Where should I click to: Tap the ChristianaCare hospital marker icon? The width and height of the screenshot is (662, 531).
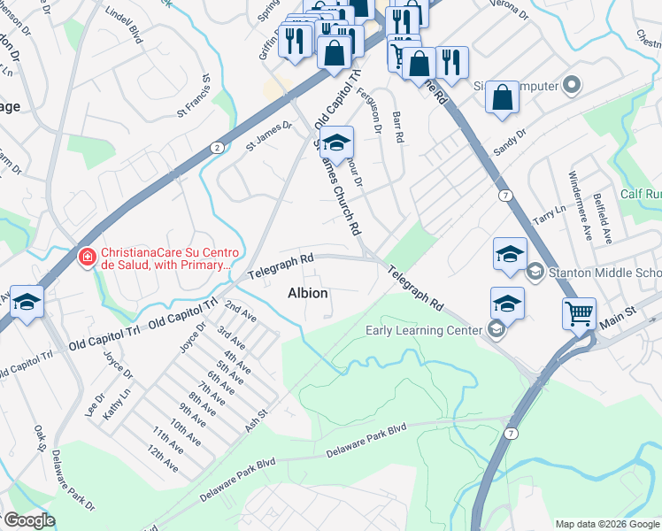tap(87, 258)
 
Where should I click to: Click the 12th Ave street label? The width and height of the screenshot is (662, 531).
tap(165, 458)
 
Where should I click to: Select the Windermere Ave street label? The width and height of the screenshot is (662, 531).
tap(580, 205)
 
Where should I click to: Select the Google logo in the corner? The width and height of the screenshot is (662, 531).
tap(28, 520)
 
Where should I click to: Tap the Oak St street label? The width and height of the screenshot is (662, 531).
tap(40, 439)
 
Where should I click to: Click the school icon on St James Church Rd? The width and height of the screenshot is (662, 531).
tap(336, 142)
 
